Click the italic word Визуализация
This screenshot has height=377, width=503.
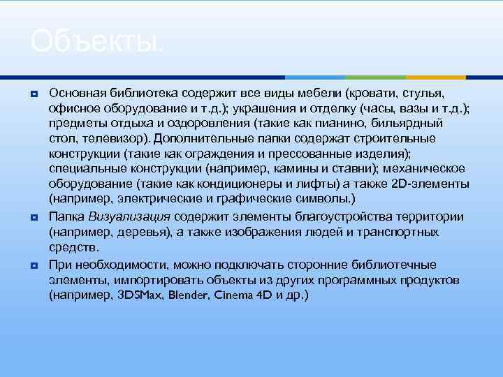coord(124,216)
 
